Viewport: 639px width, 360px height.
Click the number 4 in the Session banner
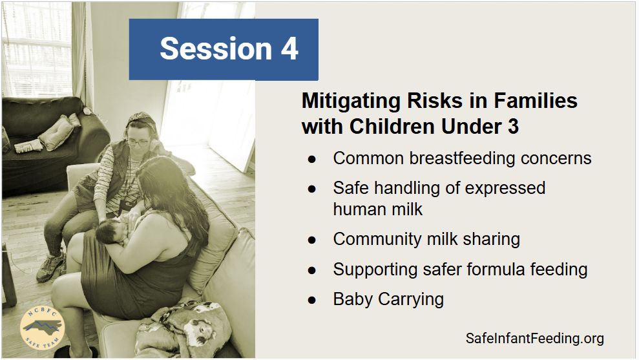coord(289,49)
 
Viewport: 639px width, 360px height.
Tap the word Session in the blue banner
coord(216,49)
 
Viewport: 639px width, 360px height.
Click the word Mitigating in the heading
coord(351,101)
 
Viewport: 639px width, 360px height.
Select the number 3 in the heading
coord(513,127)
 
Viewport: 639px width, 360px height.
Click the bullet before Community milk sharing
coord(312,240)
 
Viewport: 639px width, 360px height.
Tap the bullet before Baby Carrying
coord(312,301)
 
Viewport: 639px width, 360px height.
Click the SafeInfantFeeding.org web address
coord(535,339)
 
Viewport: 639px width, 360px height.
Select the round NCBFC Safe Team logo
coord(42,328)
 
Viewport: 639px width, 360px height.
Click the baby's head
coord(109,231)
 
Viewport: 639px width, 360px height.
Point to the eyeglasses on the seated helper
coord(138,142)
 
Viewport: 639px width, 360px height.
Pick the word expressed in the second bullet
coord(505,189)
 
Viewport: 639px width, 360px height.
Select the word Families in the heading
coord(536,101)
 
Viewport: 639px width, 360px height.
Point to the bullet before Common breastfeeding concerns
coord(312,160)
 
